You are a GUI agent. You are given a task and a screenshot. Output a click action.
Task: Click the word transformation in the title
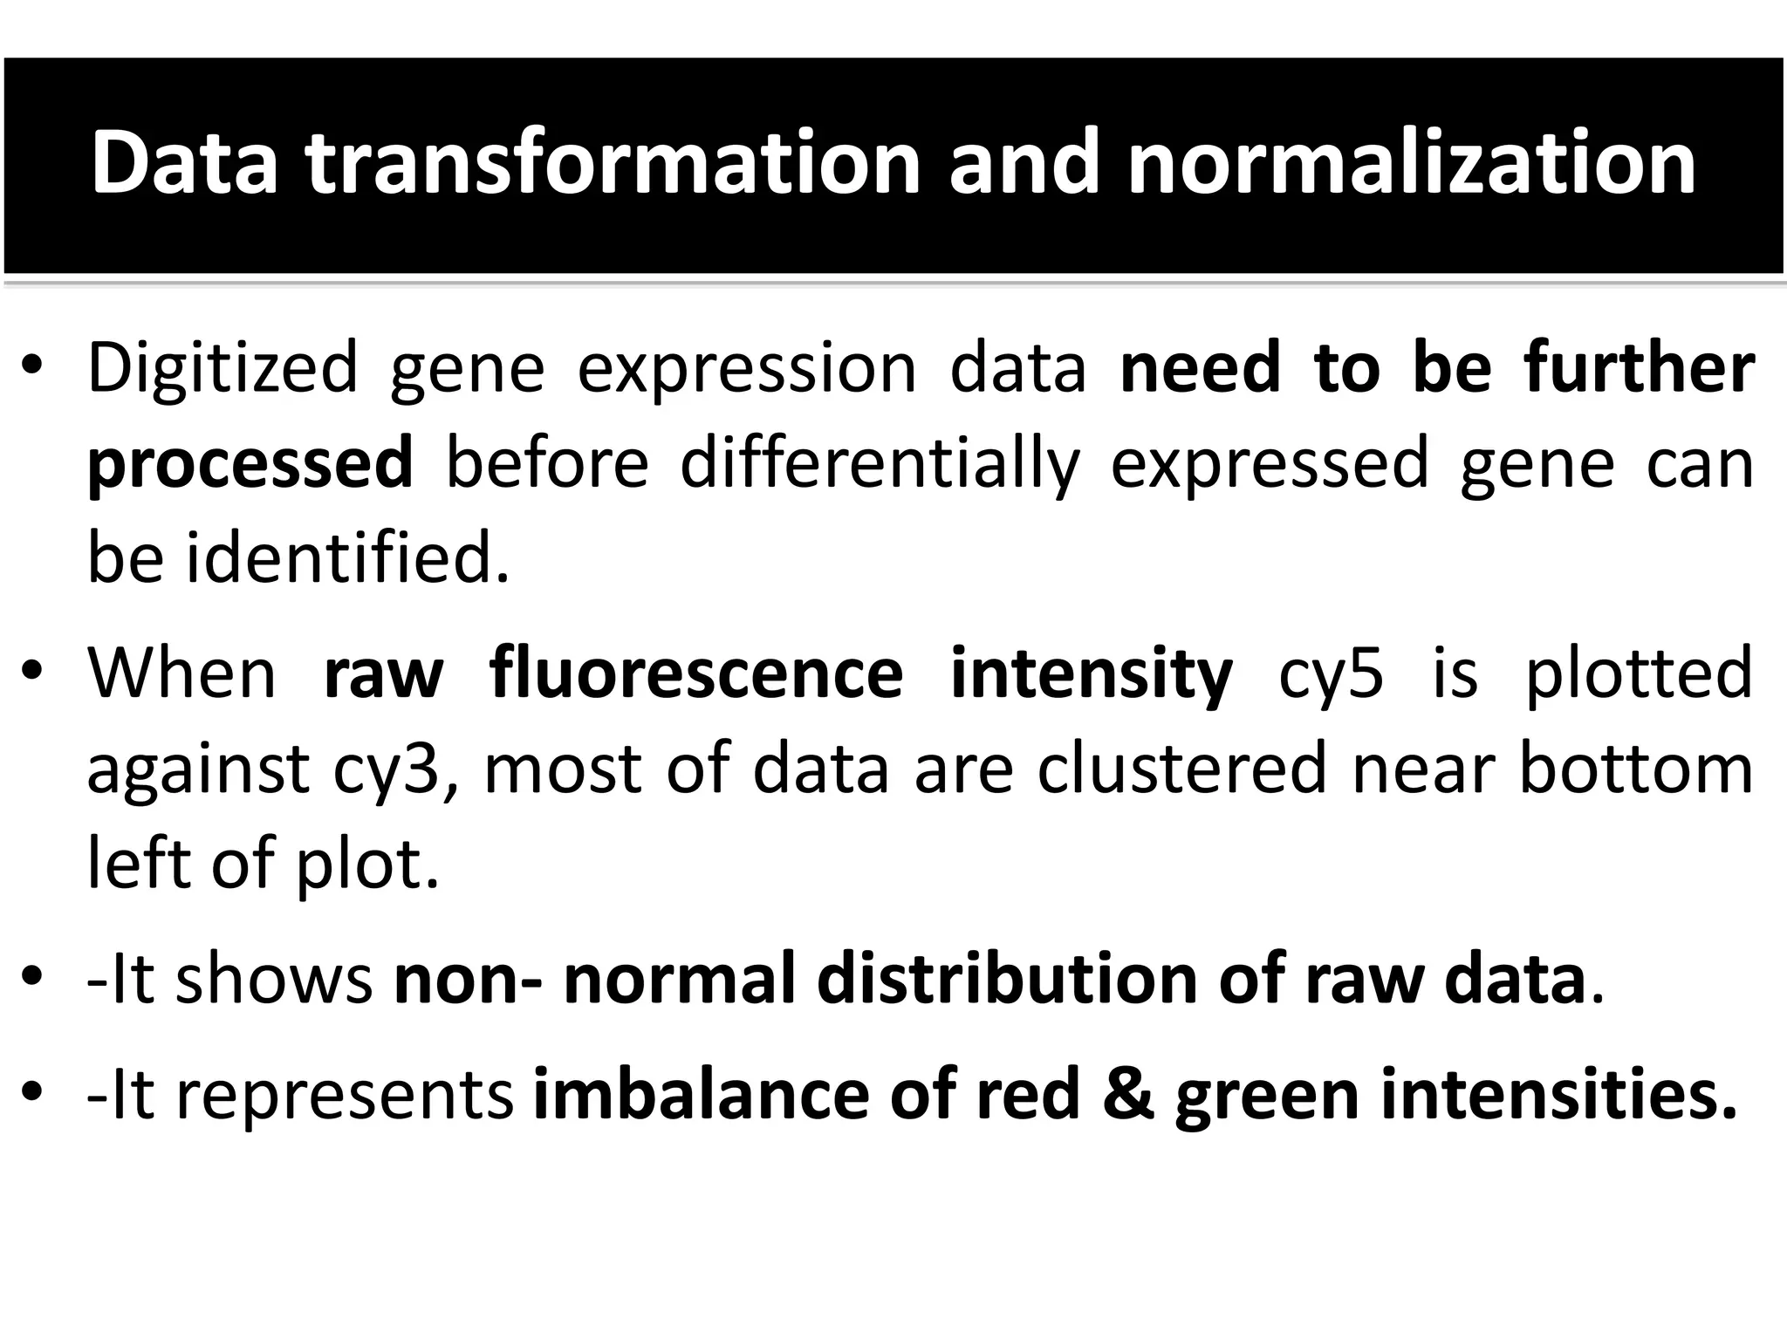pyautogui.click(x=613, y=163)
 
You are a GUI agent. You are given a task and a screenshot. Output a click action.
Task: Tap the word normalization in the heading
pyautogui.click(x=1411, y=163)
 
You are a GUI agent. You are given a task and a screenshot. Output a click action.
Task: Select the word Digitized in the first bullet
pyautogui.click(x=223, y=368)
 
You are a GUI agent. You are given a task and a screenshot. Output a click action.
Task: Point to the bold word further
pyautogui.click(x=1639, y=368)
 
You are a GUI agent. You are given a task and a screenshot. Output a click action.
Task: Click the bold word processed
pyautogui.click(x=250, y=464)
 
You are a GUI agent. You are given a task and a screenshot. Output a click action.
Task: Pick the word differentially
pyautogui.click(x=880, y=464)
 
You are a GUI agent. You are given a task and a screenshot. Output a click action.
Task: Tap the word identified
pyautogui.click(x=347, y=558)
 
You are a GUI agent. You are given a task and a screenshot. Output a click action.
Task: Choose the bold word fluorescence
pyautogui.click(x=696, y=673)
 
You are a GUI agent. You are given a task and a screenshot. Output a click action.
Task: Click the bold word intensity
pyautogui.click(x=1091, y=673)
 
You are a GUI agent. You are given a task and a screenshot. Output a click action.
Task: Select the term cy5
pyautogui.click(x=1331, y=673)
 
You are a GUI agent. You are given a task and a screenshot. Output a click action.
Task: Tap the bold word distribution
pyautogui.click(x=1006, y=979)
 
